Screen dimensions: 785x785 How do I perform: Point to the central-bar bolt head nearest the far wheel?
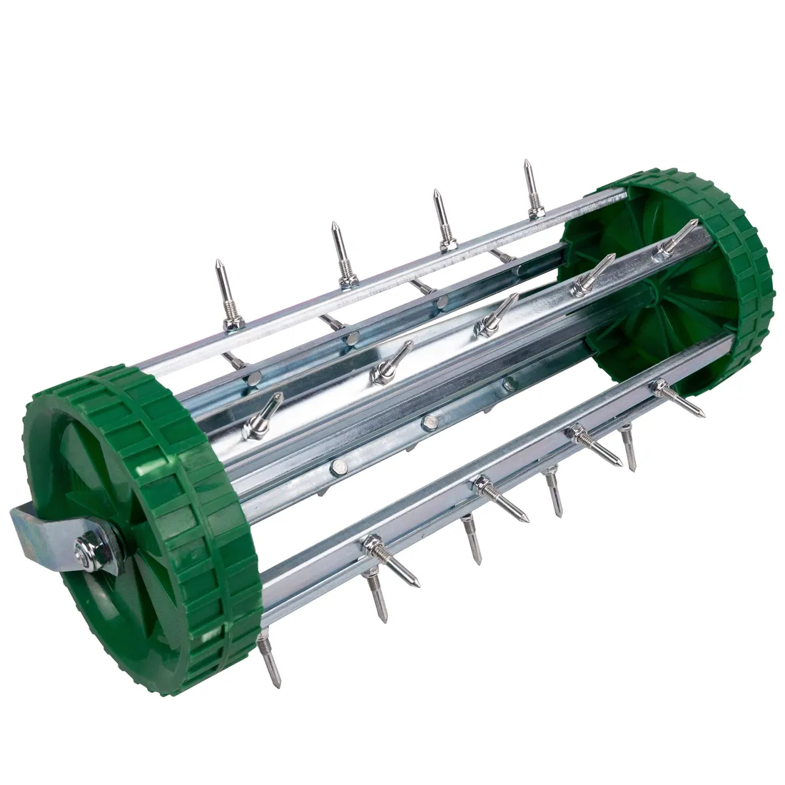coord(507,383)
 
